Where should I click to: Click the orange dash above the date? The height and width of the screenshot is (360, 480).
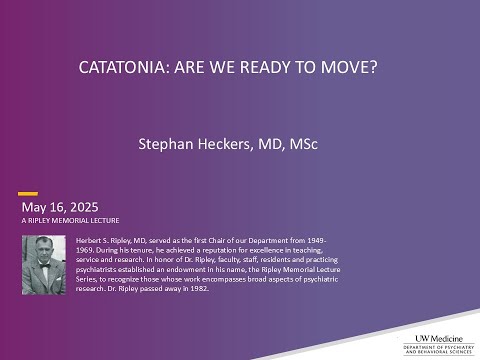point(29,193)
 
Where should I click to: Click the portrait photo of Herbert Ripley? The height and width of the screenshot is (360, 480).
point(45,264)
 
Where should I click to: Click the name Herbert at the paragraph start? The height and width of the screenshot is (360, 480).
point(88,241)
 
